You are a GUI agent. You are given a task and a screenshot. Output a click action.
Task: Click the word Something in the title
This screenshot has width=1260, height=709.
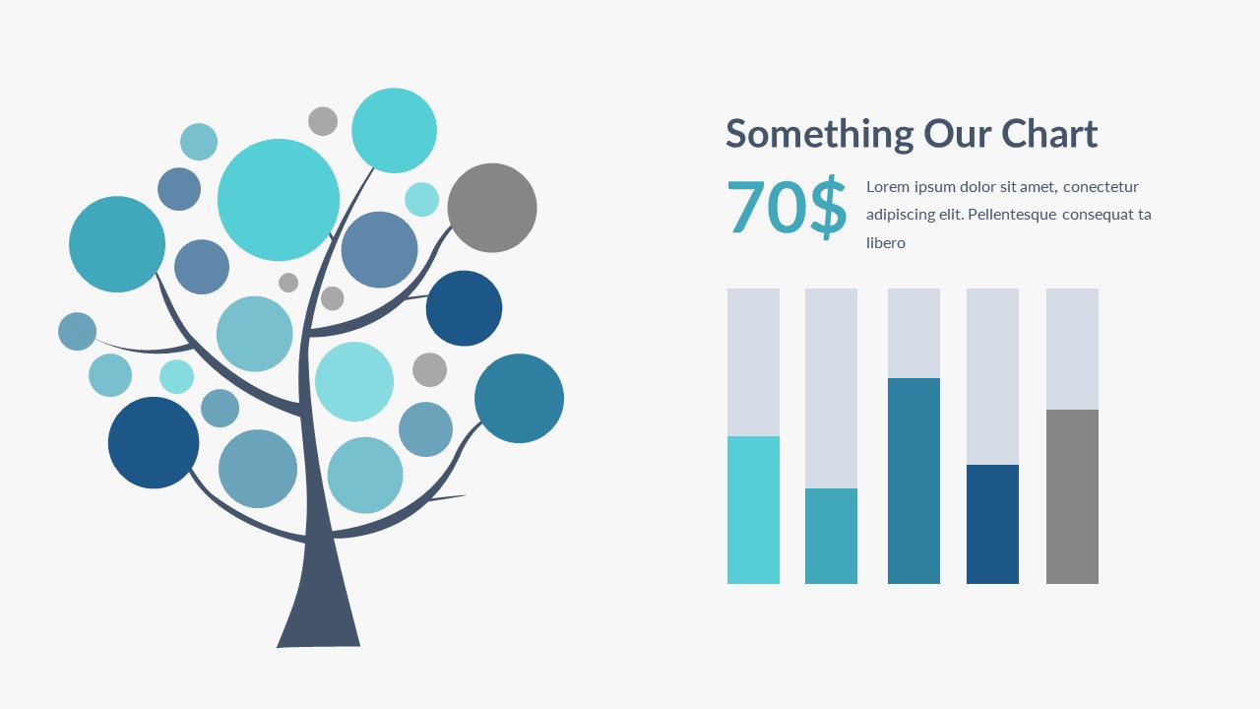point(820,135)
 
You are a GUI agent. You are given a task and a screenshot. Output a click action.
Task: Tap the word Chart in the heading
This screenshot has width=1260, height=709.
point(1049,133)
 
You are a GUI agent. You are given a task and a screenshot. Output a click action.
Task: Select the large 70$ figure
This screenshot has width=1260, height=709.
point(787,207)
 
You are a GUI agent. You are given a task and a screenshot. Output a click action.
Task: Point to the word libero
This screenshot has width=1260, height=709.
point(886,243)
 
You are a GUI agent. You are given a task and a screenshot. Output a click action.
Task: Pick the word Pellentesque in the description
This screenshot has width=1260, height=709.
point(1012,215)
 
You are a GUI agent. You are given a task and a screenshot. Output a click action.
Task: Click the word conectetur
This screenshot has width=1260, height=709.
point(1101,187)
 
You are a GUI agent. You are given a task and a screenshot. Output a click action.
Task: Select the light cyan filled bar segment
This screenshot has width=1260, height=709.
point(753,510)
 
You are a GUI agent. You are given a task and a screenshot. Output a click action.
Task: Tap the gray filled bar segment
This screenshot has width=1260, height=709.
point(1072,496)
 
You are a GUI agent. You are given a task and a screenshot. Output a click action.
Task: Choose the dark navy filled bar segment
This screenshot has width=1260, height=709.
point(992,525)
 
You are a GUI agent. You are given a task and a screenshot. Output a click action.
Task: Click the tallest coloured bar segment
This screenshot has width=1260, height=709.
point(913,482)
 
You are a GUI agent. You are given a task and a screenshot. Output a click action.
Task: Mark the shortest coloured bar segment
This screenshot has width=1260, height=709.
point(831,537)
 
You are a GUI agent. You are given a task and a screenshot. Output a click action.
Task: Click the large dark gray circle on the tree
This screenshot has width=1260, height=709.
point(492,208)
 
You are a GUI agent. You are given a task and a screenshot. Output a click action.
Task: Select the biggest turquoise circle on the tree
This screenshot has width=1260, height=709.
point(279,200)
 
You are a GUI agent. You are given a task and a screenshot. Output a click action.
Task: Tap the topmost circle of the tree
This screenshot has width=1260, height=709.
point(394,131)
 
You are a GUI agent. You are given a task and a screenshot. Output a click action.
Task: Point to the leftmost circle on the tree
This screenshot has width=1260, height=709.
point(77,332)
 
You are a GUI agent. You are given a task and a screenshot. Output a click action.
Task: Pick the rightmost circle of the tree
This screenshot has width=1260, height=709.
point(519,399)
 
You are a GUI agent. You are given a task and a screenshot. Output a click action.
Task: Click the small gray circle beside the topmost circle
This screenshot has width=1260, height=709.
point(323,121)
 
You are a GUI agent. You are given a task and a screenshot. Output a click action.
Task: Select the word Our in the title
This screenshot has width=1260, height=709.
point(958,135)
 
